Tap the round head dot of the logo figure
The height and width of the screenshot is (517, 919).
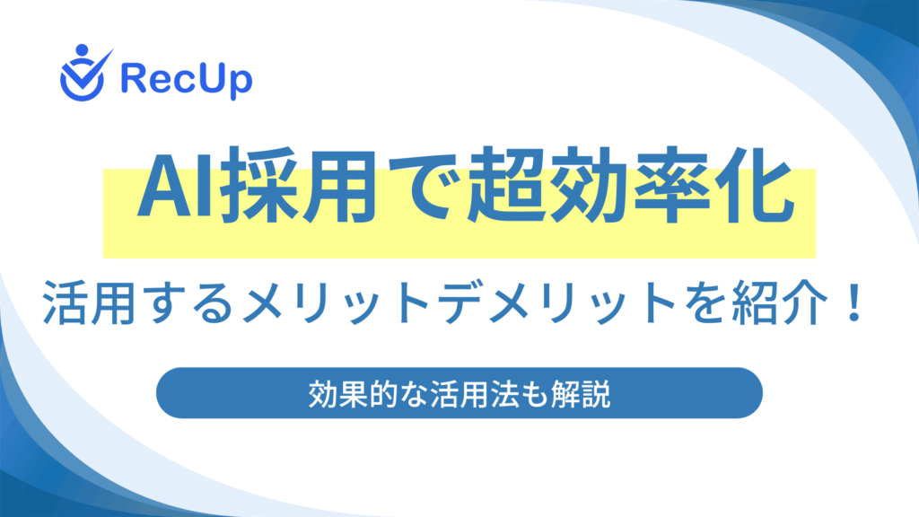82,50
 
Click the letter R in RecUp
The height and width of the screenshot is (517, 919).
133,78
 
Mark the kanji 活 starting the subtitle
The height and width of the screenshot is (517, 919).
65,303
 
